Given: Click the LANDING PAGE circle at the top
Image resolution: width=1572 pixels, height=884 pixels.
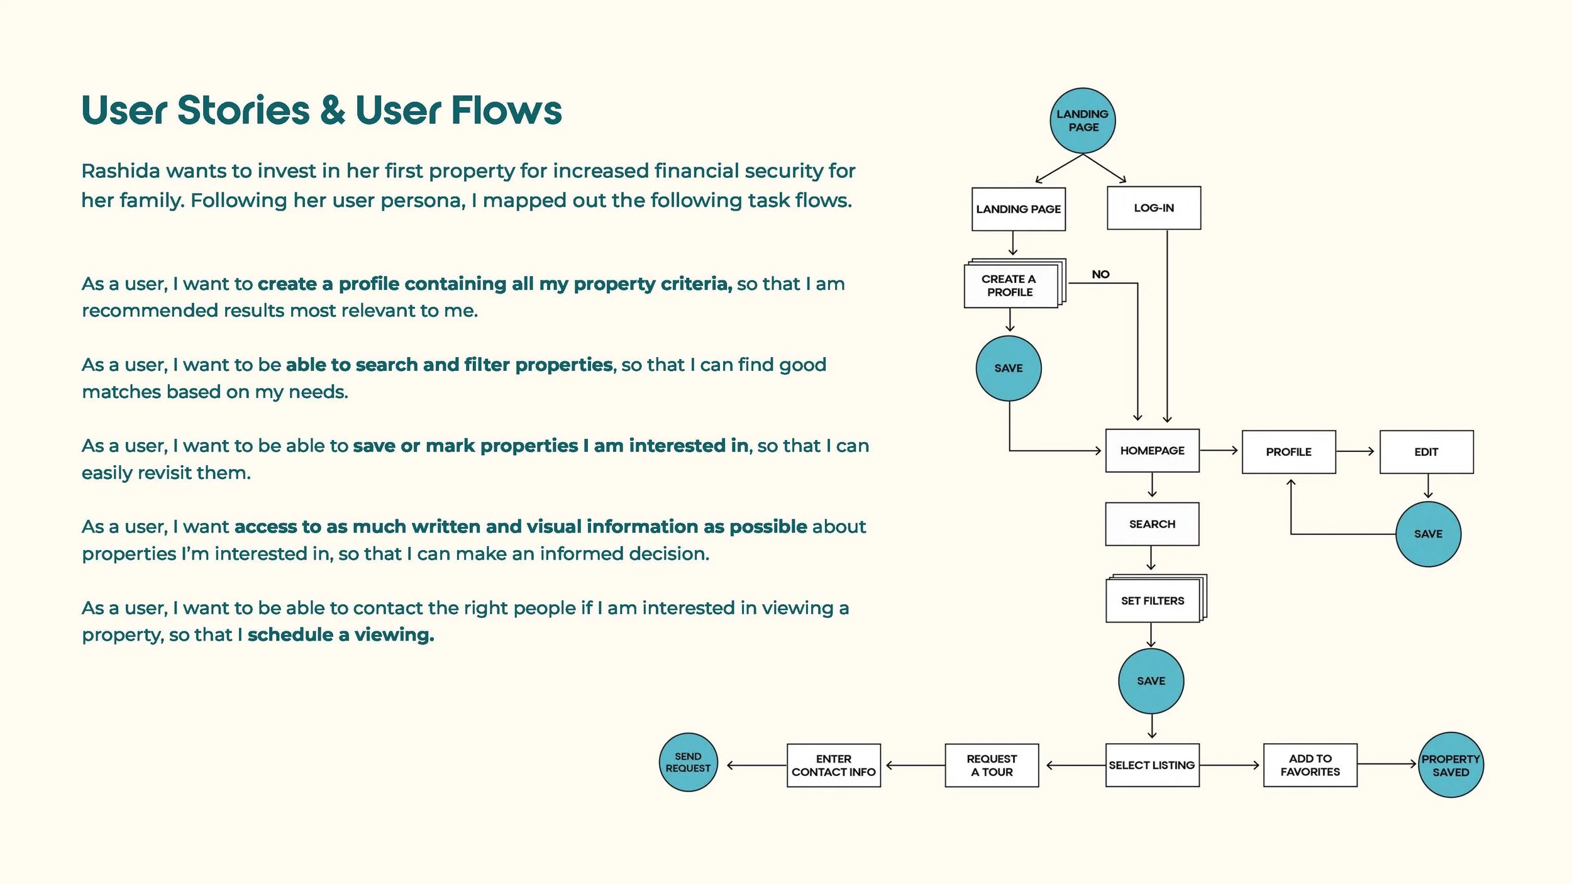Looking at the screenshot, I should (1082, 121).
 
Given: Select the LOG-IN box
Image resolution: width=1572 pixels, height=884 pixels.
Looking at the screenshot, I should (1153, 208).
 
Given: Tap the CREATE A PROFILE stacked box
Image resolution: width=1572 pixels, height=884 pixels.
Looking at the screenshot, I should (1010, 285).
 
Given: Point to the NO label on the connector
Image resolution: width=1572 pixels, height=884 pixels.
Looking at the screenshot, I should (1100, 274).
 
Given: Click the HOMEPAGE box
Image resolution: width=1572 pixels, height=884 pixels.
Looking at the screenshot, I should (1152, 451).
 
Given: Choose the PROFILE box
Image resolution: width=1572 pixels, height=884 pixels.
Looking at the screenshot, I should (1288, 452).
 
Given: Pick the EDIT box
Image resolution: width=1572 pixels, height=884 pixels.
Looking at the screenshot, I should (1426, 452).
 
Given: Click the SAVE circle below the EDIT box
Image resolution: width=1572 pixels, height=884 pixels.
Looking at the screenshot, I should (1428, 534).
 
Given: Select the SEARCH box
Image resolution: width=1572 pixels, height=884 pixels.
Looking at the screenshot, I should (1152, 524).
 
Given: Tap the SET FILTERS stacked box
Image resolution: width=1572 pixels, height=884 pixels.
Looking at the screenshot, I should (1153, 601).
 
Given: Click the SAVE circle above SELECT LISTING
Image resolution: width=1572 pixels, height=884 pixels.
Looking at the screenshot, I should (1151, 681).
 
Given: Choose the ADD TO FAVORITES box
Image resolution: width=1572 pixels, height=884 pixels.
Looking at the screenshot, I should (1310, 765).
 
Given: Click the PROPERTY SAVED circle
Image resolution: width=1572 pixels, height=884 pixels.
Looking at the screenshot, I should (1451, 765).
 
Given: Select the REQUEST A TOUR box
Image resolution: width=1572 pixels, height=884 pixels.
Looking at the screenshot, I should (992, 765).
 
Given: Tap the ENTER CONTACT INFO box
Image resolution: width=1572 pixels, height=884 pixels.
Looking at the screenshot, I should (833, 765).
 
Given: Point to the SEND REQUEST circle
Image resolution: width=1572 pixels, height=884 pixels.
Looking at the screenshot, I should (688, 762).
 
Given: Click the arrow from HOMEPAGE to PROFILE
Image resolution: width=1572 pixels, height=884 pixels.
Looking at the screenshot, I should (1219, 450).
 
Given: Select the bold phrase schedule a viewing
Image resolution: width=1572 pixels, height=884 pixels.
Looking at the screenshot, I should (341, 635).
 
